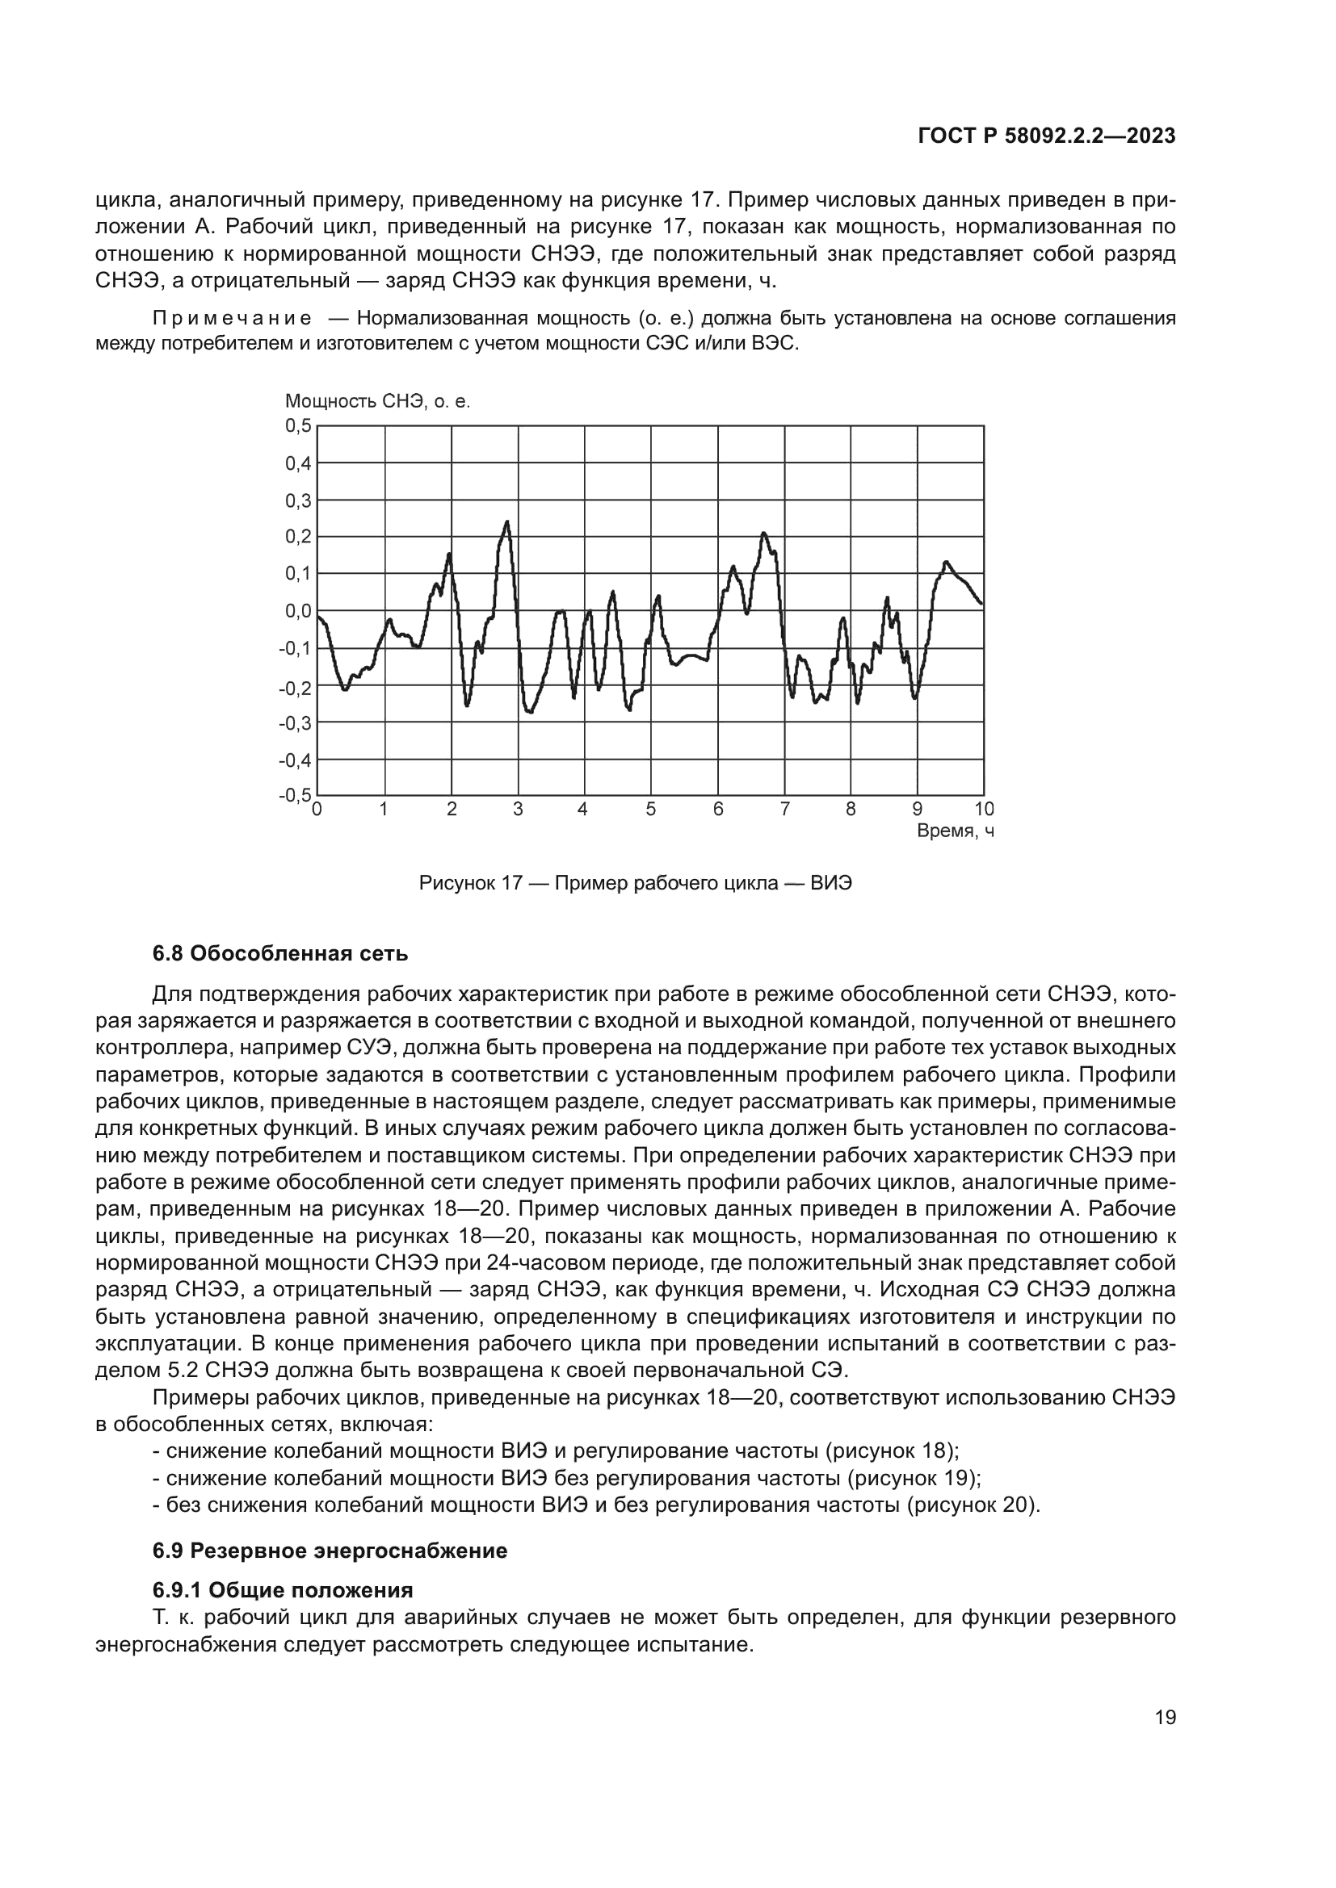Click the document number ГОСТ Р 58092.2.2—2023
tap(1046, 136)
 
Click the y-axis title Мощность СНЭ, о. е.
tap(377, 401)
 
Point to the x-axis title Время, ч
tap(955, 831)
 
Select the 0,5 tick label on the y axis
tap(299, 425)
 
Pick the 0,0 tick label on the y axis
tap(299, 611)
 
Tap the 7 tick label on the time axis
tap(784, 809)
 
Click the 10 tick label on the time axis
tap(984, 809)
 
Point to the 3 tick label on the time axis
tap(518, 809)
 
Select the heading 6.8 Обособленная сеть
tap(279, 954)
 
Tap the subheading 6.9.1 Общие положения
tap(282, 1589)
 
